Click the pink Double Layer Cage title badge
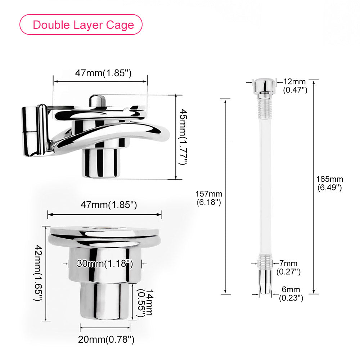(x=81, y=24)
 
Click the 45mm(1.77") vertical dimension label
(x=183, y=137)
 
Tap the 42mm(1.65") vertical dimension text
(x=38, y=273)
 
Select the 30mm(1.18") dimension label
(x=105, y=264)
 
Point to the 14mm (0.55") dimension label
(x=145, y=303)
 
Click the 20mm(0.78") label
(x=106, y=339)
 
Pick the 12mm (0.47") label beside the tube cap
(x=295, y=86)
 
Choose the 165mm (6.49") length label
(x=330, y=183)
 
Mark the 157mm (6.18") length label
(x=209, y=198)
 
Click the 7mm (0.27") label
(x=288, y=267)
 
